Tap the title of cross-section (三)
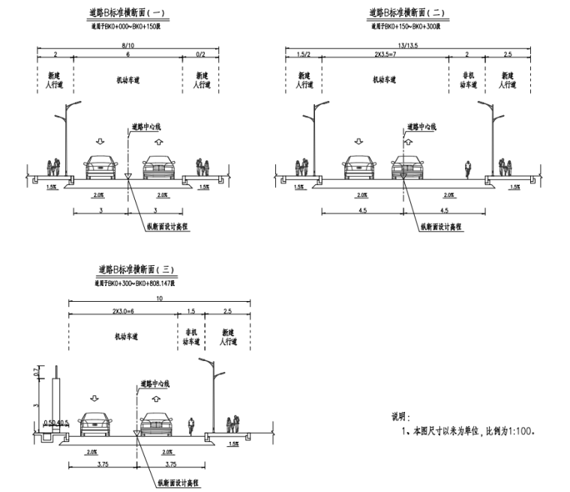[135, 269]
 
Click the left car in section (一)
[100, 167]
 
